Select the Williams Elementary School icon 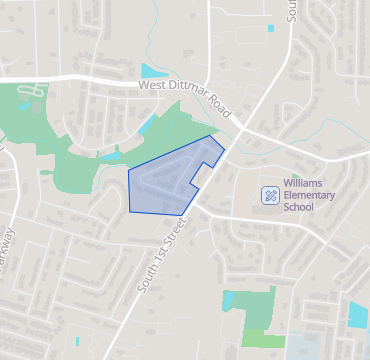(x=270, y=195)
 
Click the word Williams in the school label (x=302, y=184)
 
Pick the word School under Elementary (x=298, y=208)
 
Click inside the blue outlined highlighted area (x=165, y=180)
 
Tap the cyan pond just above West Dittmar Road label (x=155, y=71)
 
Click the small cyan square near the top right (x=270, y=28)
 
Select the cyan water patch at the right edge (x=358, y=315)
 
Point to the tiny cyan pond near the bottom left (x=76, y=342)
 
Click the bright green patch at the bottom (x=263, y=339)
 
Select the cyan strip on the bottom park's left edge (x=228, y=300)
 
